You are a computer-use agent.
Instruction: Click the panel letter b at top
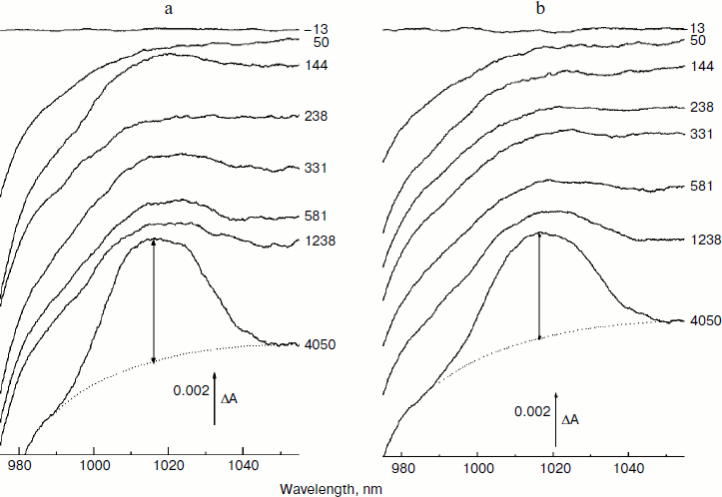[x=541, y=9]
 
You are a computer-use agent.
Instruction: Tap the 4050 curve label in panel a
[x=321, y=344]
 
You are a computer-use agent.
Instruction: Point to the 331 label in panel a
[x=316, y=167]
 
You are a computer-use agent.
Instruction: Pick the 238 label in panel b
[x=701, y=108]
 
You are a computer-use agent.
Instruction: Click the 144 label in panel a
[x=316, y=66]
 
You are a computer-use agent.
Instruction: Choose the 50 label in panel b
[x=698, y=40]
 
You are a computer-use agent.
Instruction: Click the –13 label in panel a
[x=315, y=30]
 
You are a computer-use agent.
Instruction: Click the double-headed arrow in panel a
[x=153, y=300]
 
